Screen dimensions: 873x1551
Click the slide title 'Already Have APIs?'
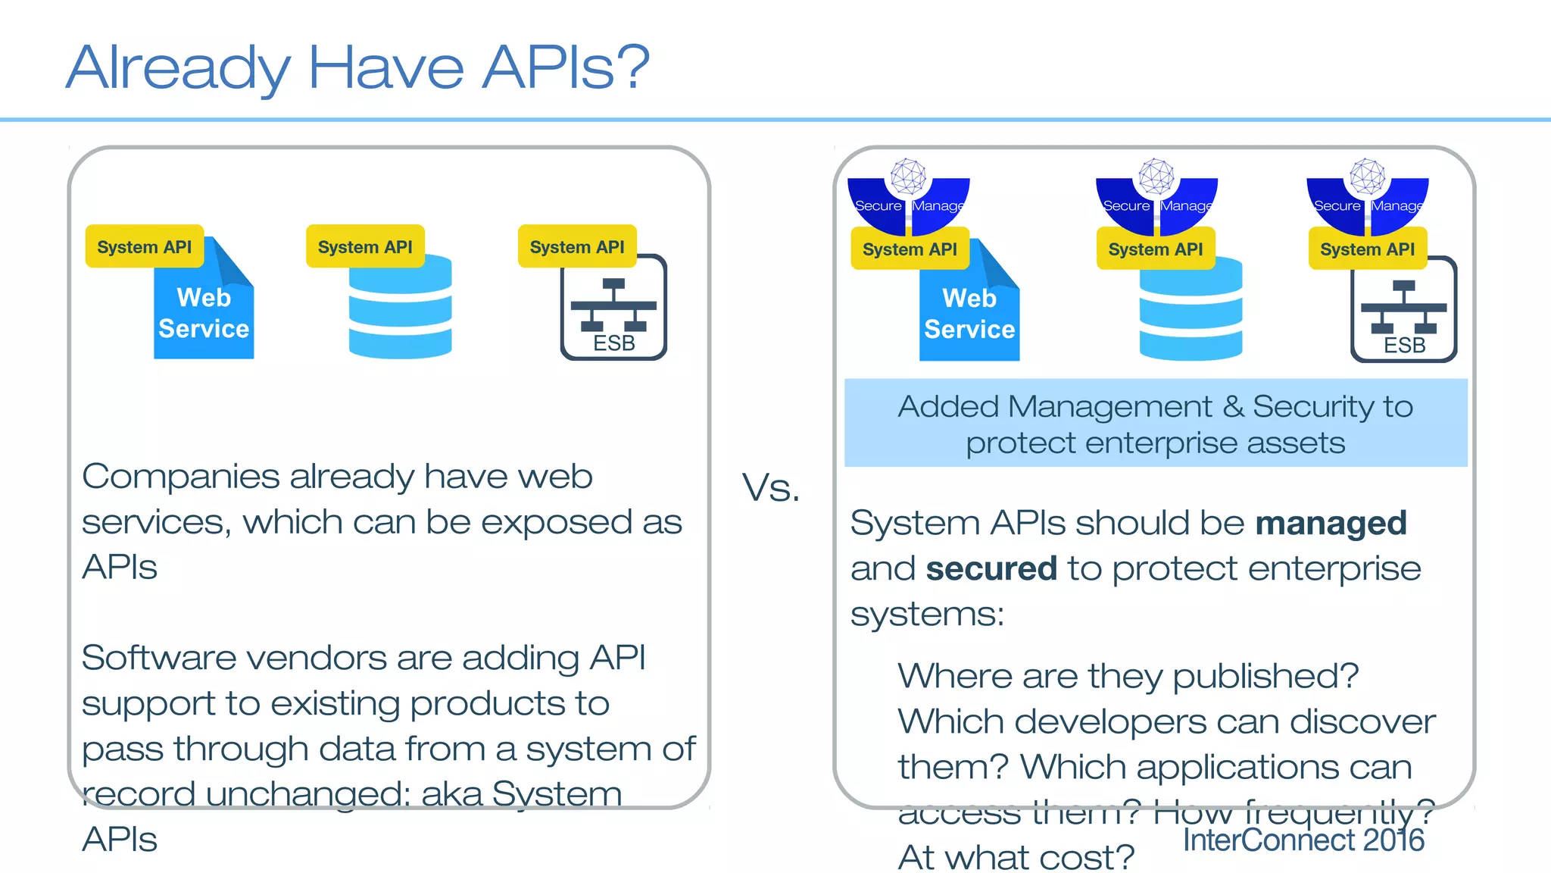pos(357,67)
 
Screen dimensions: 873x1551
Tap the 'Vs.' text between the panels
pos(770,487)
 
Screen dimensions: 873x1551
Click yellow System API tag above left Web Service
pos(144,247)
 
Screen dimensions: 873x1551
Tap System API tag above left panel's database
pos(365,247)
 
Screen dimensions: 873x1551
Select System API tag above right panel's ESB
pos(1367,249)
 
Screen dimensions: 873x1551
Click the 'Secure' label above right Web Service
pos(878,206)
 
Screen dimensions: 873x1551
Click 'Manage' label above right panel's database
pos(1185,206)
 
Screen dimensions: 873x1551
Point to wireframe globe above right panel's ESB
pos(1368,176)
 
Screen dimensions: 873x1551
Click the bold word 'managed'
pos(1331,524)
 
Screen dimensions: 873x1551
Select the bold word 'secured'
pos(991,569)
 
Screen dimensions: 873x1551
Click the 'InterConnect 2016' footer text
pos(1303,840)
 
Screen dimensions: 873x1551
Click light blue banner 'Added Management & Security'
pos(1155,424)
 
